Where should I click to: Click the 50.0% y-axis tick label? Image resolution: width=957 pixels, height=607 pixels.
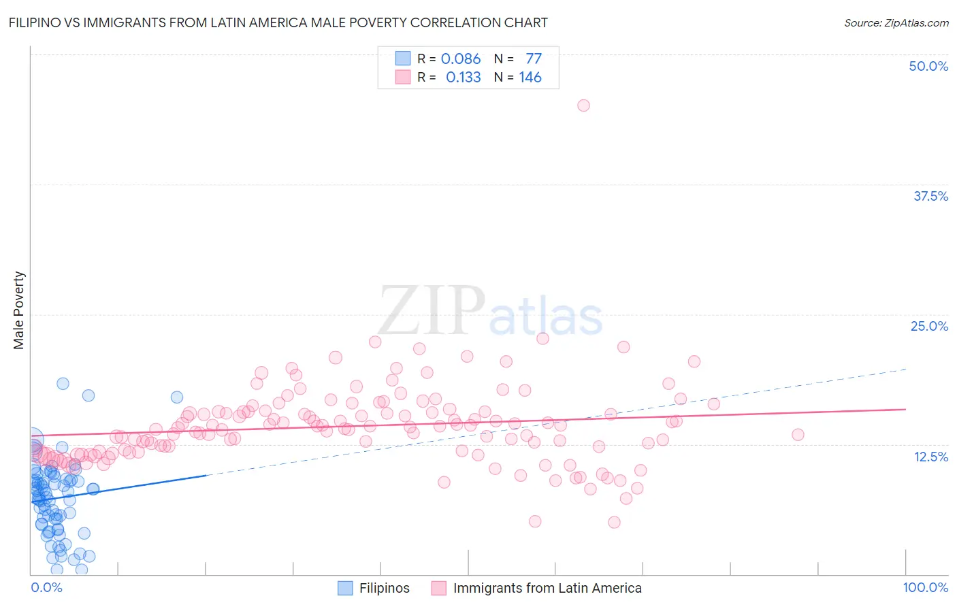[928, 66]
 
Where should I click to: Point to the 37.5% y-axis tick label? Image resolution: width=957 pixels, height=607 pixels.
[930, 196]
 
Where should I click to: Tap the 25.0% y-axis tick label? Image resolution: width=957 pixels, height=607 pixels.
[929, 326]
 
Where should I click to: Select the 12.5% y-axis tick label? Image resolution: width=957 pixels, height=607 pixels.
[930, 457]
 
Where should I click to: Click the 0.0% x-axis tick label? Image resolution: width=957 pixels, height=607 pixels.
[46, 587]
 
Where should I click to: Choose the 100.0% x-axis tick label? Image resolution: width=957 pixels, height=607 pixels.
[925, 587]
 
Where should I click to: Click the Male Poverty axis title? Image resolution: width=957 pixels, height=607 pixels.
[19, 310]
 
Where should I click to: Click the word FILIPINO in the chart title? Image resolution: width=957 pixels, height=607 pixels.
[33, 22]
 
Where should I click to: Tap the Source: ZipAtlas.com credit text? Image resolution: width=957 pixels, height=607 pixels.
[896, 22]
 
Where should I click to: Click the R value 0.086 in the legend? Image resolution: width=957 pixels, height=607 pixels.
[461, 59]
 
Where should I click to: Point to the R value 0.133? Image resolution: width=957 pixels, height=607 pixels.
[463, 78]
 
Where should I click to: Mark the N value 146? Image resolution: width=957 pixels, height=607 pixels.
[530, 78]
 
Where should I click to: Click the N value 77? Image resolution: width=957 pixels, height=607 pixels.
[534, 59]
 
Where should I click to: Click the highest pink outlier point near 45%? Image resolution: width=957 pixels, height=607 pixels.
[583, 105]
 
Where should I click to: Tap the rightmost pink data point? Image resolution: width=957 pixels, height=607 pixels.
[798, 434]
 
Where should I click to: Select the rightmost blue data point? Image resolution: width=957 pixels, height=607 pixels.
[177, 397]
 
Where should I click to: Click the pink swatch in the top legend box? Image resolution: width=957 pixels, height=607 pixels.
[403, 78]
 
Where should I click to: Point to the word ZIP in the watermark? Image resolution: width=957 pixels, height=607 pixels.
[432, 311]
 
